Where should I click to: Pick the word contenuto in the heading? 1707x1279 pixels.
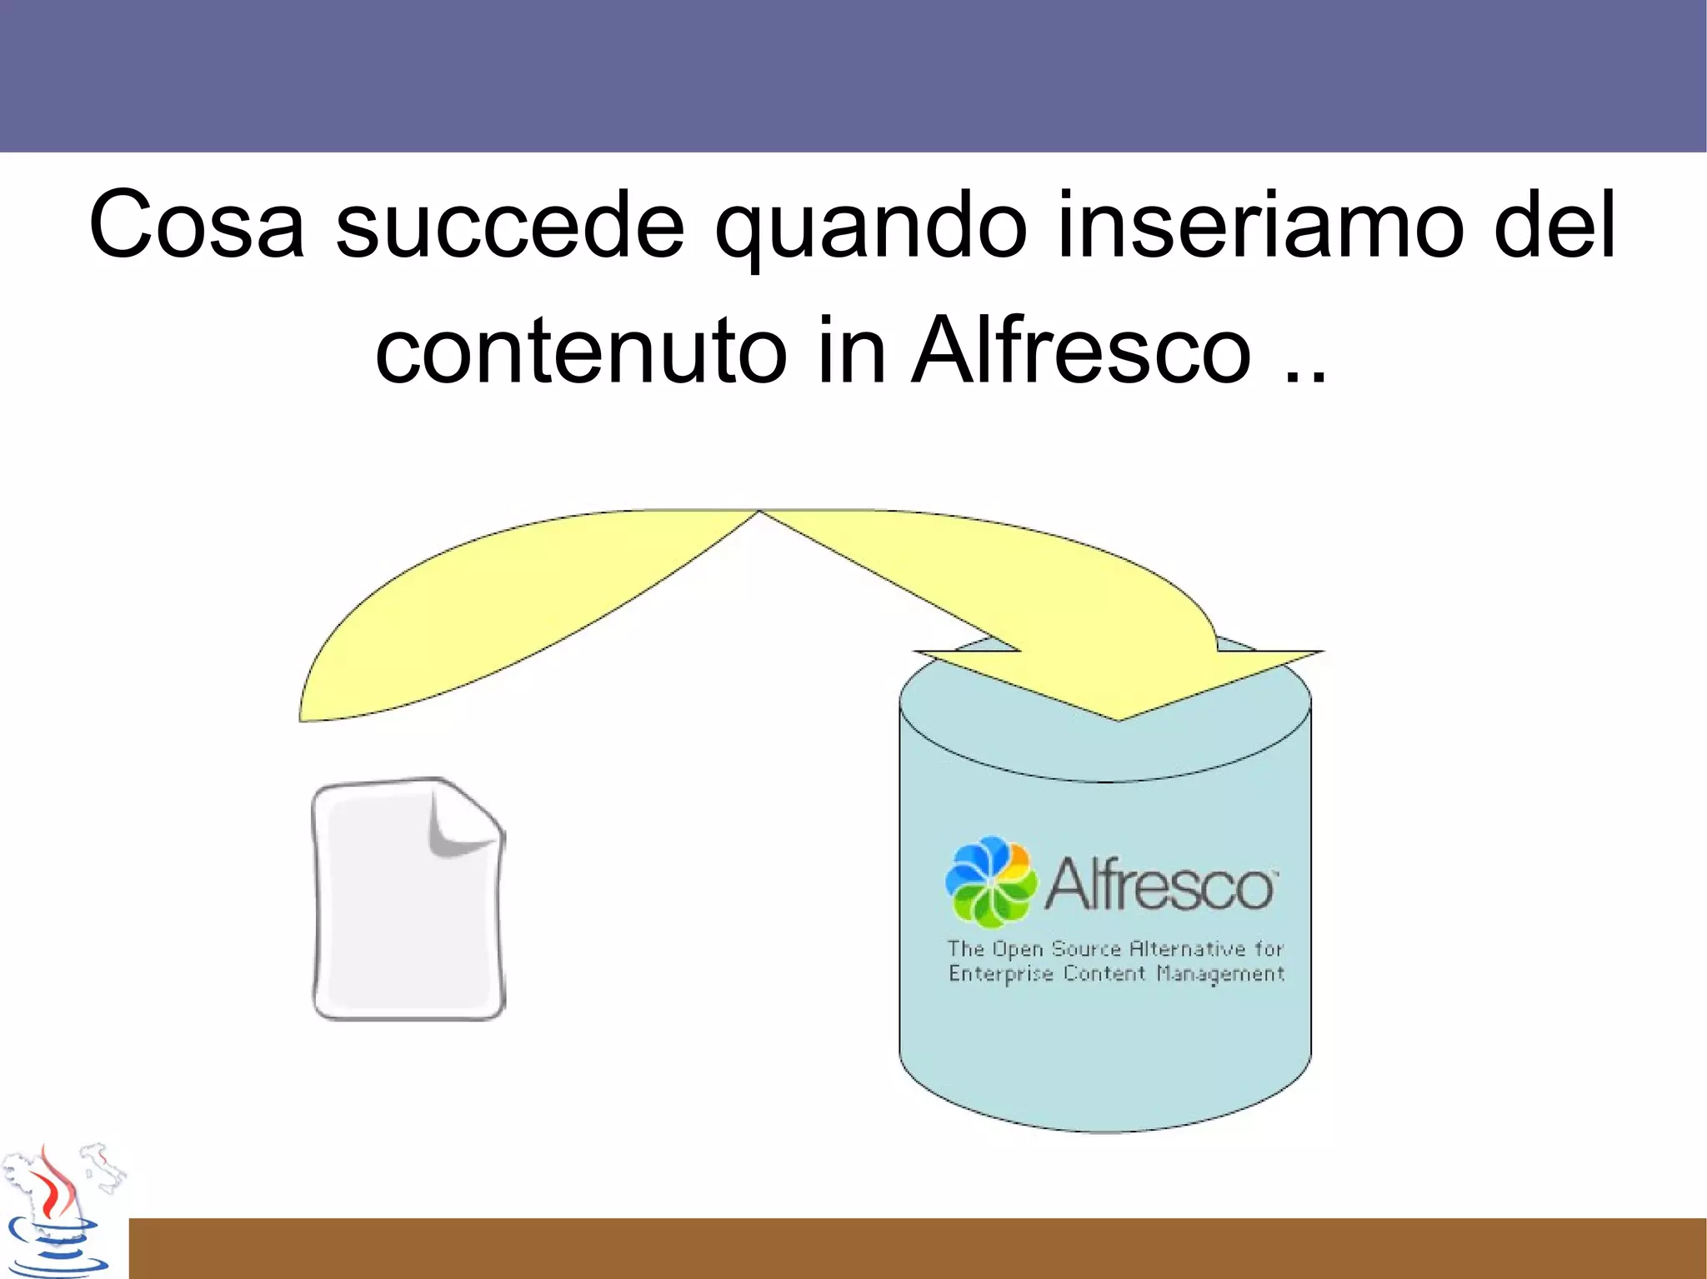coord(581,352)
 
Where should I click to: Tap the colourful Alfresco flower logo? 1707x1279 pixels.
coord(991,882)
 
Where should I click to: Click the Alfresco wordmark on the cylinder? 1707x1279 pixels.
coord(1160,885)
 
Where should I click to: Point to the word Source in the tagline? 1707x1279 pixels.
coord(1085,949)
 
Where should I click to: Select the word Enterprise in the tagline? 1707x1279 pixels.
coord(1000,974)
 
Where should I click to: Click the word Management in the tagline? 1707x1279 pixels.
coord(1220,974)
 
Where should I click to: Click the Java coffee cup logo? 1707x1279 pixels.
coord(54,1217)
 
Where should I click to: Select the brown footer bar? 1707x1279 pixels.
coord(917,1248)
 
